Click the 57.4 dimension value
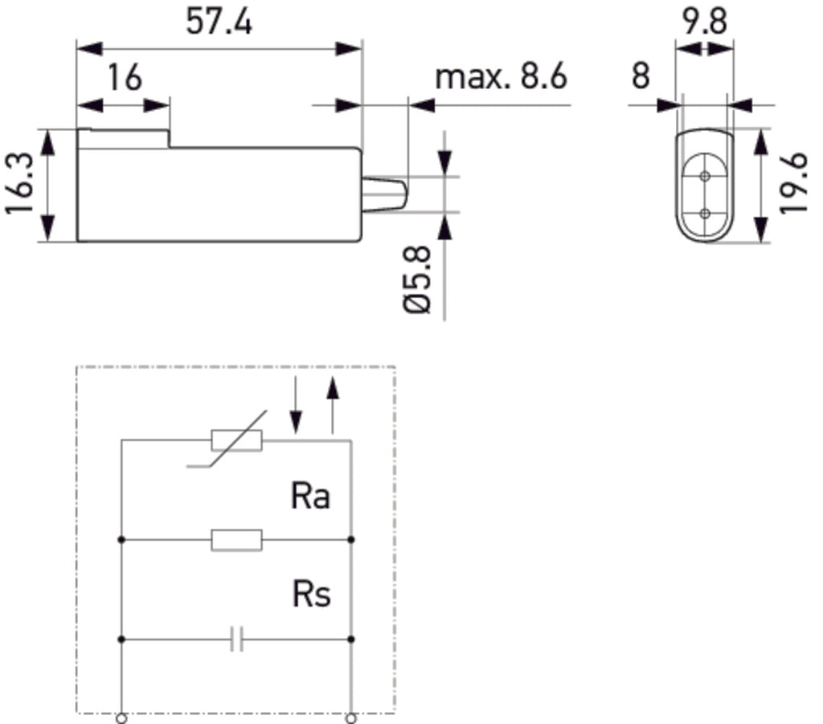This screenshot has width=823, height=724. [219, 22]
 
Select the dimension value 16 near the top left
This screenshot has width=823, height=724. [125, 78]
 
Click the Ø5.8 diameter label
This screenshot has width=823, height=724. [418, 280]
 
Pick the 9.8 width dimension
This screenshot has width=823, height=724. [704, 22]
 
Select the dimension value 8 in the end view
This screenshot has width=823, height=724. [641, 76]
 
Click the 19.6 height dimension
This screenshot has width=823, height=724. [793, 183]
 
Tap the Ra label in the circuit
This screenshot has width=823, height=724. [310, 496]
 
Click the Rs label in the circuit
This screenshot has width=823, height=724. [311, 595]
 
